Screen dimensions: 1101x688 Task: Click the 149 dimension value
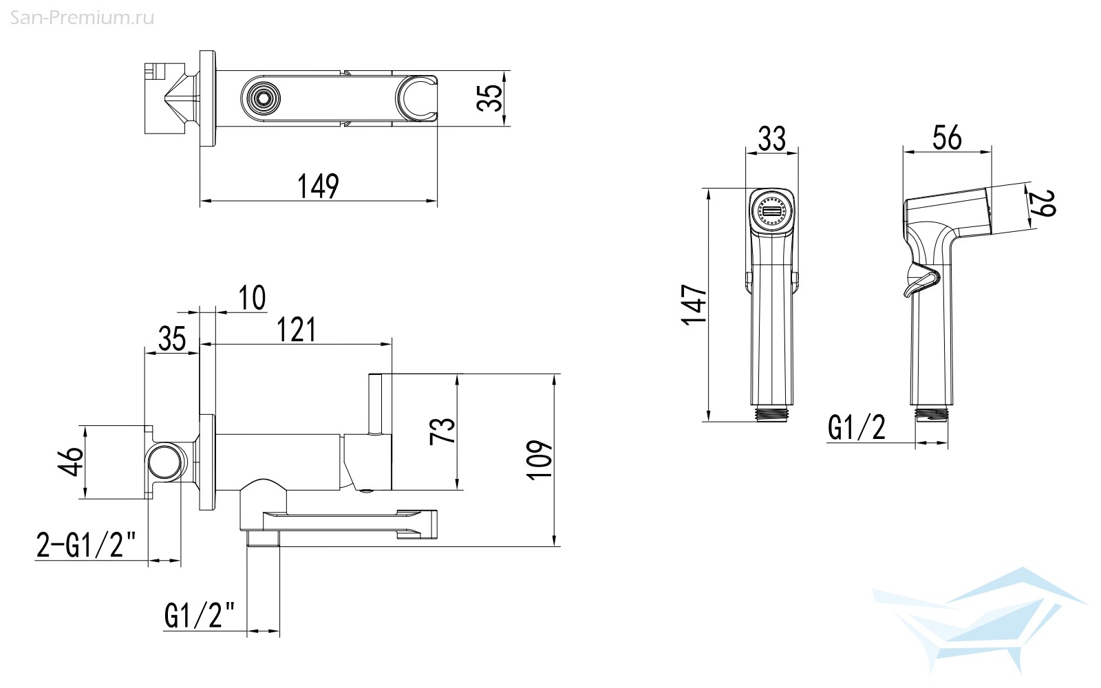318,186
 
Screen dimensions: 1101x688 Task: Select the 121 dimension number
297,330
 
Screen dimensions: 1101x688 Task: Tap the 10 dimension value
252,297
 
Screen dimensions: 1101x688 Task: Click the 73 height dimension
442,431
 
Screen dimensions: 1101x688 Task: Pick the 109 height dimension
539,460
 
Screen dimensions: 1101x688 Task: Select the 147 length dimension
694,305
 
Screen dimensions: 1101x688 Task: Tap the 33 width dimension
771,138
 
